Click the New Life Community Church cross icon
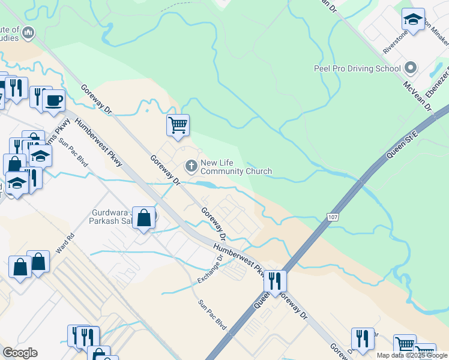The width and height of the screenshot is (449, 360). (x=191, y=165)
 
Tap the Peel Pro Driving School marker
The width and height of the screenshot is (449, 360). (x=411, y=68)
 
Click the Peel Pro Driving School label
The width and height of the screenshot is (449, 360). (x=357, y=68)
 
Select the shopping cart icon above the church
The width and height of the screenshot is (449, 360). (x=178, y=125)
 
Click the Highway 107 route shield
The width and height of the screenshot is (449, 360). (x=332, y=215)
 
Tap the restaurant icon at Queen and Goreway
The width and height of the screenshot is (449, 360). (x=275, y=281)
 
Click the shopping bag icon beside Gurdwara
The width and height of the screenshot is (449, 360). (x=144, y=218)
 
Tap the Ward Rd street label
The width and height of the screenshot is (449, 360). (x=65, y=242)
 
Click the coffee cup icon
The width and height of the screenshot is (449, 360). (x=54, y=100)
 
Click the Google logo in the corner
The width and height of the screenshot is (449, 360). (x=20, y=353)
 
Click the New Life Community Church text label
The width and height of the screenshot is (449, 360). (x=236, y=167)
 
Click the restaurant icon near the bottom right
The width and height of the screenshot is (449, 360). (x=363, y=339)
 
